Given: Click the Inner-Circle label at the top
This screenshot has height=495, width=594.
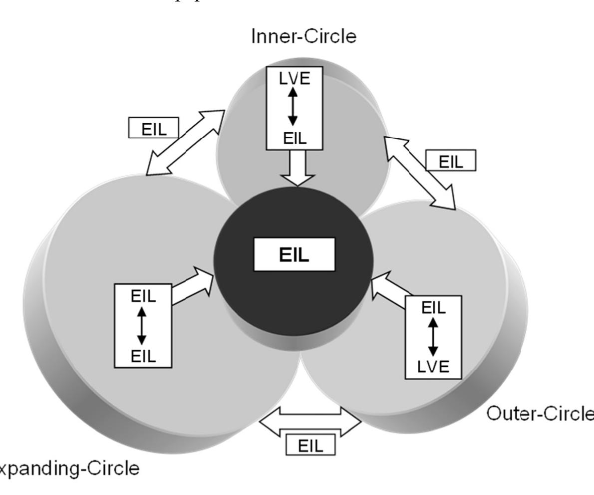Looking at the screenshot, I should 304,37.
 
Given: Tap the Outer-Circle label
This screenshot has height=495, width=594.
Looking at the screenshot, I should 540,414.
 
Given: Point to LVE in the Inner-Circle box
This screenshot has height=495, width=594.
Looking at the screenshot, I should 293,79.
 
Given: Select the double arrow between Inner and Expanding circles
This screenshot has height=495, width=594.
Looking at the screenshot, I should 185,143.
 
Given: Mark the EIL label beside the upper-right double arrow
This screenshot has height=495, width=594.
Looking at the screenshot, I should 451,162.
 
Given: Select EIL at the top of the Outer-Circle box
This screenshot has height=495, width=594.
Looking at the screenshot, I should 433,307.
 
